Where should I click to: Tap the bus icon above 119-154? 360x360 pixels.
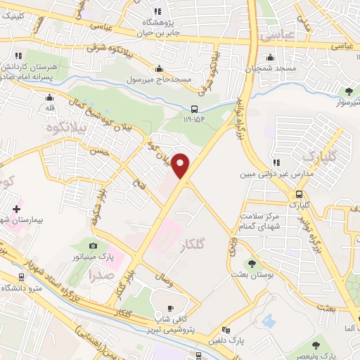195,108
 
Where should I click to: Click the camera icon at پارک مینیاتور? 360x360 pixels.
94,245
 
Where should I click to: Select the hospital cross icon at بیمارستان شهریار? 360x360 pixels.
16,209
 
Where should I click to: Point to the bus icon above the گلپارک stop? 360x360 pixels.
300,194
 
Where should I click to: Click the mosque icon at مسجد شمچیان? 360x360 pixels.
268,58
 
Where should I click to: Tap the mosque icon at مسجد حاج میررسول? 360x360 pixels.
159,68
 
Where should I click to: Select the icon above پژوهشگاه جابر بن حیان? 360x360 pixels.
157,11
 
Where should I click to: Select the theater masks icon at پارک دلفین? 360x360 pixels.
225,330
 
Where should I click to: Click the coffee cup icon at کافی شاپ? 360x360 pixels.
169,308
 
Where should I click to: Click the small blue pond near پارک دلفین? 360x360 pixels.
269,321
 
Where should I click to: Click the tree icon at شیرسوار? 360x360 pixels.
349,90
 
